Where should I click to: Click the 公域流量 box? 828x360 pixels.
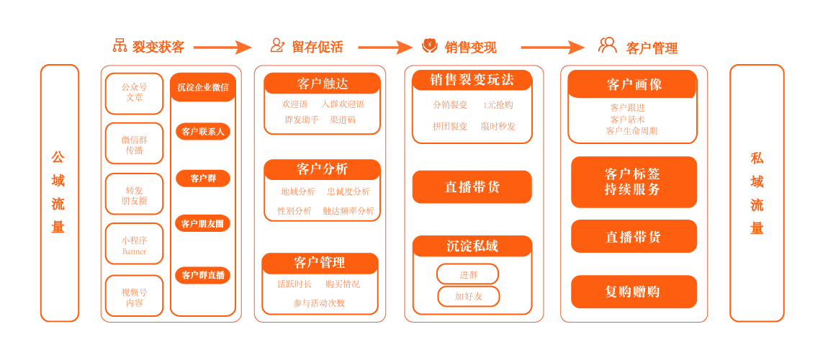pos(59,193)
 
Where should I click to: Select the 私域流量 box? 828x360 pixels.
pos(757,193)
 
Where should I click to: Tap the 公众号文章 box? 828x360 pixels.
pos(134,93)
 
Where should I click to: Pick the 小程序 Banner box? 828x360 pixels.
pos(134,246)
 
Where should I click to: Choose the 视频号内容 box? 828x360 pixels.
pos(134,297)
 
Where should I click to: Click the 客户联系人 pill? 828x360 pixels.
pos(202,132)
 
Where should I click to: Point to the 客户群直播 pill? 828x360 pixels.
pos(202,275)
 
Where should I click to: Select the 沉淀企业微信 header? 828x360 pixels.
pos(203,87)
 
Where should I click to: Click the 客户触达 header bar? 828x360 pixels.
pos(322,84)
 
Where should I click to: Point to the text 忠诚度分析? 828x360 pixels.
pos(348,192)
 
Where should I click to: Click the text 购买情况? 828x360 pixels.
pos(343,284)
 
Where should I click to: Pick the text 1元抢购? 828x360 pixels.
pos(498,105)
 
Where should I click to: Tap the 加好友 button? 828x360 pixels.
pos(468,296)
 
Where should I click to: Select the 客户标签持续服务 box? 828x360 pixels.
pos(634,182)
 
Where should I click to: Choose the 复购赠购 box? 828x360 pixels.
pos(634,292)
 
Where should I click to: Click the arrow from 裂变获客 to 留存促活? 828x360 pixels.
pos(222,48)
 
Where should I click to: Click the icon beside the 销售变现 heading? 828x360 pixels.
pos(429,46)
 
